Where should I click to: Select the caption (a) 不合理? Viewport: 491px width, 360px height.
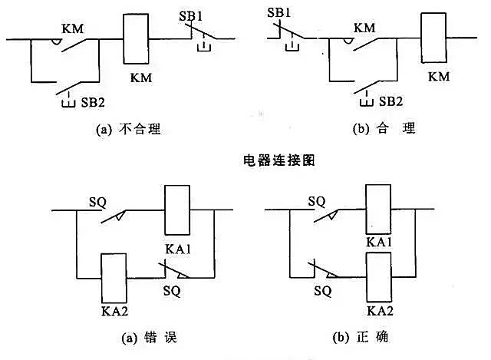point(125,130)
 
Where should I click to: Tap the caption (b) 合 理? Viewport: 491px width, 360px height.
point(383,129)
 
